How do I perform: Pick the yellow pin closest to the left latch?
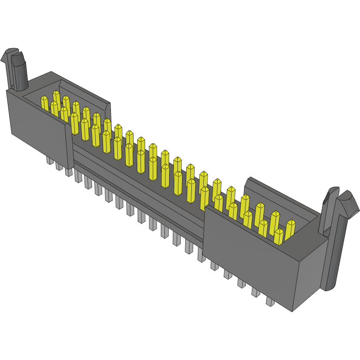pyautogui.click(x=45, y=103)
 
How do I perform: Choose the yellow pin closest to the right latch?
pyautogui.click(x=290, y=229)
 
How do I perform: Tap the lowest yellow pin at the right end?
pyautogui.click(x=278, y=236)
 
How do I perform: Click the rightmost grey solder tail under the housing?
pyautogui.click(x=270, y=302)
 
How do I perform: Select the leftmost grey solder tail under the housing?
pyautogui.click(x=49, y=160)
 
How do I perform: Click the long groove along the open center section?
pyautogui.click(x=139, y=185)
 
